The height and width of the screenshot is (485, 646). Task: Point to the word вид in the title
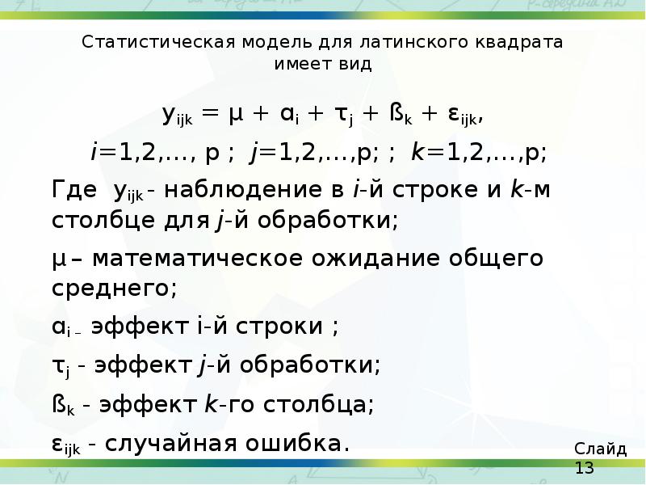pyautogui.click(x=355, y=65)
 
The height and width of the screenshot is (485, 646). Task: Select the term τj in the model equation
pyautogui.click(x=345, y=116)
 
